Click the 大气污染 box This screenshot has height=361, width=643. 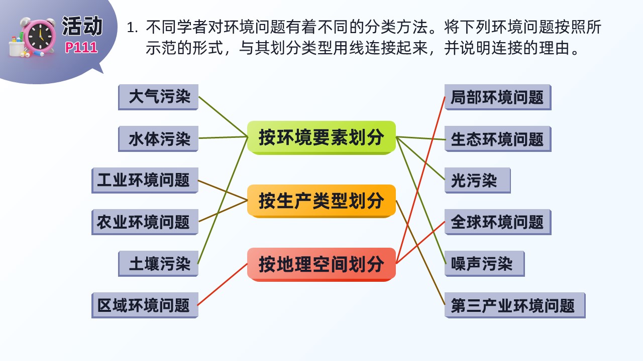click(x=158, y=97)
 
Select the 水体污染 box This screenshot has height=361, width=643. click(x=158, y=139)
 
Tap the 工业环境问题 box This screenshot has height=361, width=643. click(x=145, y=180)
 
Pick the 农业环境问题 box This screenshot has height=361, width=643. click(x=145, y=222)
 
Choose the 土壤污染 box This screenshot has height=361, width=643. click(x=158, y=264)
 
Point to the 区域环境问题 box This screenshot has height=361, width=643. click(x=145, y=305)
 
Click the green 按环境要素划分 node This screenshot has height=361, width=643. click(x=321, y=138)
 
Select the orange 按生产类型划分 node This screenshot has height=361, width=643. click(x=321, y=201)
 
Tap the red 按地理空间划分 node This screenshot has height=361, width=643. click(x=321, y=264)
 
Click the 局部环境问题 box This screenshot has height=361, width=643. click(x=498, y=97)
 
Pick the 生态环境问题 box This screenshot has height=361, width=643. click(x=498, y=139)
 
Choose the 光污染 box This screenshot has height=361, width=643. click(x=478, y=180)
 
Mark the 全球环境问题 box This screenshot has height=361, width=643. click(x=498, y=222)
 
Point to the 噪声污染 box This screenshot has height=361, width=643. click(x=485, y=264)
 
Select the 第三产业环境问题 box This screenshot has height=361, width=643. click(x=515, y=305)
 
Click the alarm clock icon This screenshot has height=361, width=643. click(x=39, y=37)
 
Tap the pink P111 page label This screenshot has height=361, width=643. click(x=81, y=48)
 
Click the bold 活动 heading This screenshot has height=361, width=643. click(x=82, y=26)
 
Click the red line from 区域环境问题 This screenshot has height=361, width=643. click(x=223, y=284)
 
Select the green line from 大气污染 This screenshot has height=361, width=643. click(x=223, y=117)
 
